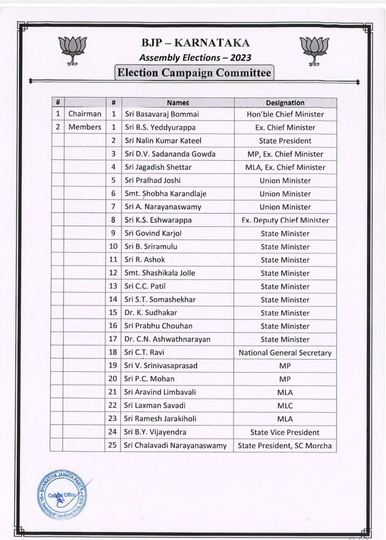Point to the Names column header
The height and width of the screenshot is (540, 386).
(178, 103)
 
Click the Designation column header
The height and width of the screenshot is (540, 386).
(285, 103)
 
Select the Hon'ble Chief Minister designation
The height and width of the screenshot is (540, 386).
(285, 114)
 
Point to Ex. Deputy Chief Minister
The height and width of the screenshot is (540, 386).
(285, 220)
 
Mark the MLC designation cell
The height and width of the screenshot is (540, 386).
(285, 406)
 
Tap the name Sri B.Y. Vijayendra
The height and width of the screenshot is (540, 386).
(156, 432)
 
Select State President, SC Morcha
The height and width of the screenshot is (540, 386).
(285, 446)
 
